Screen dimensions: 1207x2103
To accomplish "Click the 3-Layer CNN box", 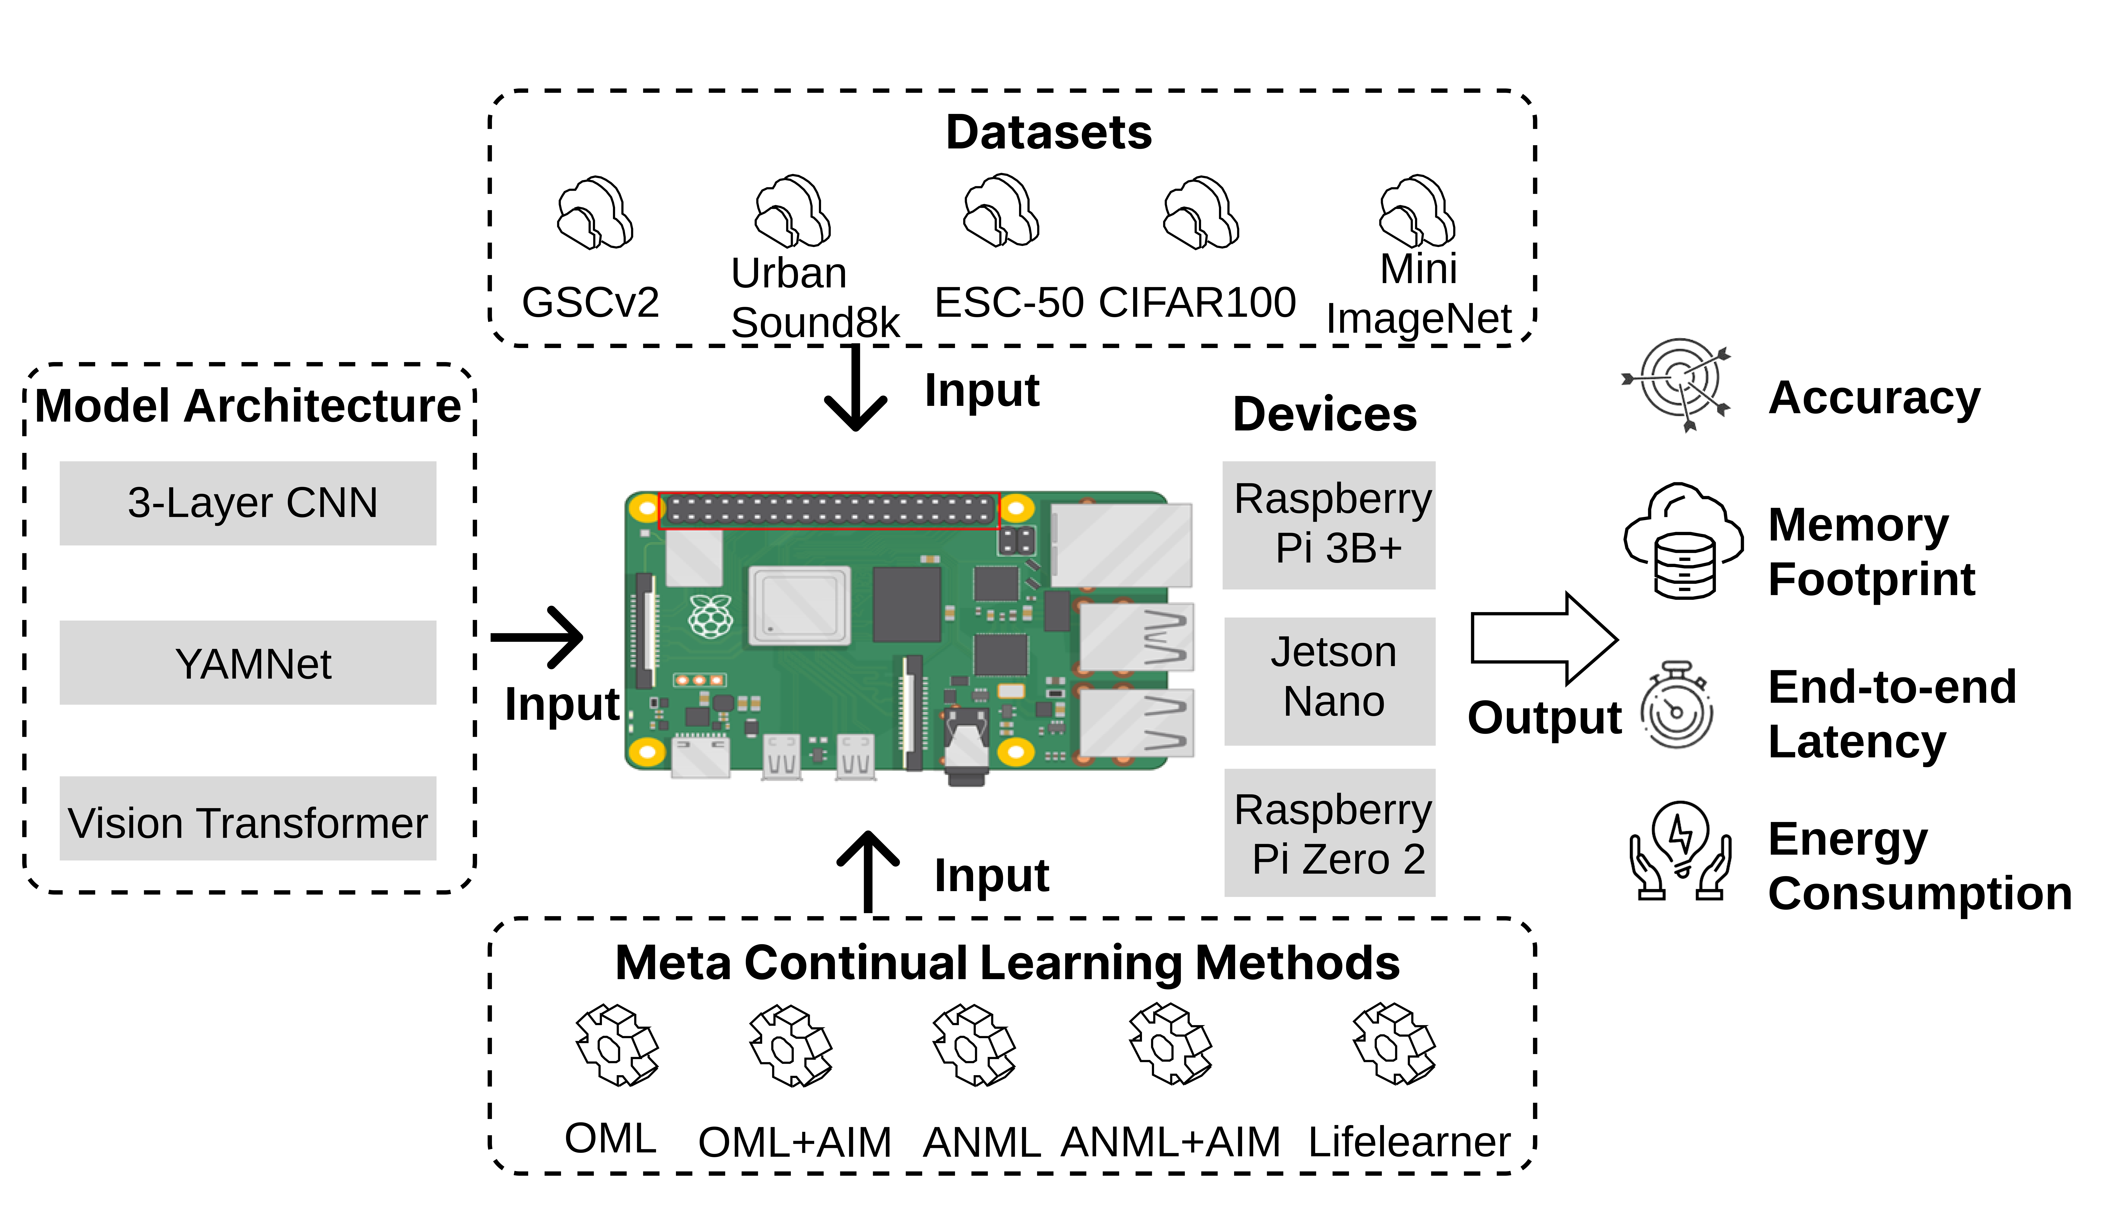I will (248, 503).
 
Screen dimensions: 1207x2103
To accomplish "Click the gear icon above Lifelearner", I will (1394, 1045).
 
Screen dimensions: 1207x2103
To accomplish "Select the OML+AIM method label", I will (794, 1142).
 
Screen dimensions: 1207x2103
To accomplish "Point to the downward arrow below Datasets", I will (855, 390).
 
